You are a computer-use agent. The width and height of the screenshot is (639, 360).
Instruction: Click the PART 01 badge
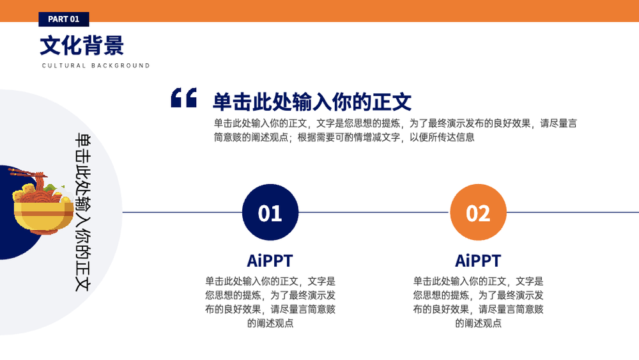[x=64, y=19]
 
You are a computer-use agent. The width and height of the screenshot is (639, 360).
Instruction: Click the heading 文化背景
[x=82, y=45]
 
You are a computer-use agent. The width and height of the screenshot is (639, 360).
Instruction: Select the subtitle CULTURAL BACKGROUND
[x=96, y=66]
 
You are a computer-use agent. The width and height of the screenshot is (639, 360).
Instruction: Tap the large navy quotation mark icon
[x=184, y=98]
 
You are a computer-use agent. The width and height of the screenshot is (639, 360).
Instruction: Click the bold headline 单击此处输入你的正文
[x=312, y=102]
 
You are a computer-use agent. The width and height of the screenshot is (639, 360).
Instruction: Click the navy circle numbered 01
[x=270, y=212]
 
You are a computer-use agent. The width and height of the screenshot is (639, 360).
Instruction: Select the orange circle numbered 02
[x=478, y=212]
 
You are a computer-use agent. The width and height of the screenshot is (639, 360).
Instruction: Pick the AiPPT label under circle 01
[x=270, y=260]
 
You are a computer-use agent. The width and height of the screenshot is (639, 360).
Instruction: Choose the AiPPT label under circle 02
[x=478, y=260]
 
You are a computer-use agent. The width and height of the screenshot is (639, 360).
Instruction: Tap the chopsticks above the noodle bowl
[x=27, y=173]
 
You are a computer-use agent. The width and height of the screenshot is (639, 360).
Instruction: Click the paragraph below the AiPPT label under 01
[x=270, y=302]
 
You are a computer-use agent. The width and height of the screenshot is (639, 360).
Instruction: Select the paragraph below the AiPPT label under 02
[x=478, y=302]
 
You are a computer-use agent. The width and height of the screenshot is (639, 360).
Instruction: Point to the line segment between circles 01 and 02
[x=374, y=212]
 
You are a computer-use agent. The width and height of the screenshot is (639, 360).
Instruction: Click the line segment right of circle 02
[x=573, y=212]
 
